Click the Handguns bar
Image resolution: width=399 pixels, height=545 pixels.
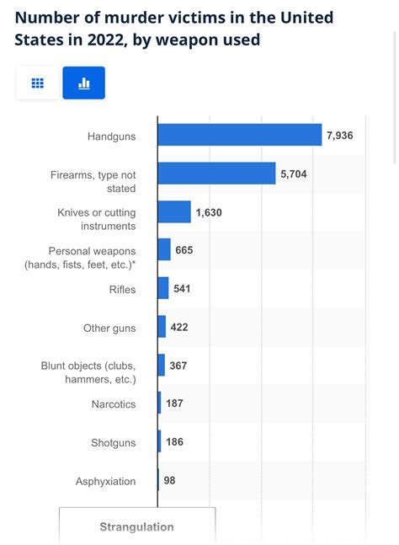point(240,135)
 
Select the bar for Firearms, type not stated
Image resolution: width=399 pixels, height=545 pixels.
point(217,174)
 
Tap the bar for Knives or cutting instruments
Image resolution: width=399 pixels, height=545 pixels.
point(174,212)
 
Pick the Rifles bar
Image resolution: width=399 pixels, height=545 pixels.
point(163,288)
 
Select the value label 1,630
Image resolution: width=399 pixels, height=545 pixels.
point(209,212)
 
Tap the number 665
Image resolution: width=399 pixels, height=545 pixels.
point(185,250)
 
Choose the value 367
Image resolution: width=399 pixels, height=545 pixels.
point(179,366)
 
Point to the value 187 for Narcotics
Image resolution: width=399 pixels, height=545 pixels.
point(175,403)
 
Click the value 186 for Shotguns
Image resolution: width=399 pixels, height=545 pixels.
point(175,441)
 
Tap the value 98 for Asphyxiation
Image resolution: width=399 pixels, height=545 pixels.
point(170,480)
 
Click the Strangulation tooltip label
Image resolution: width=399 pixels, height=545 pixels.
point(136,527)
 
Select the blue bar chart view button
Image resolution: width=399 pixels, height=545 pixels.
point(83,83)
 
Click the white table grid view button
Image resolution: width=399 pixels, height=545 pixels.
point(37,83)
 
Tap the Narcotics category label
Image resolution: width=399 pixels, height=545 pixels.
point(114,404)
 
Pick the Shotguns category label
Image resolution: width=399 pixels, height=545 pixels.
point(114,442)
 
